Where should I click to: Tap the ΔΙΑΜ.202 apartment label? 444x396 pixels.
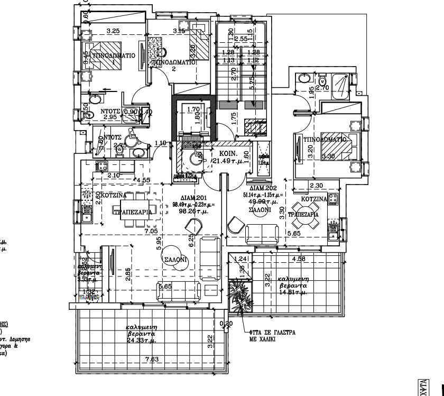click(263, 188)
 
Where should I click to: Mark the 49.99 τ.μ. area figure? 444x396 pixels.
click(260, 201)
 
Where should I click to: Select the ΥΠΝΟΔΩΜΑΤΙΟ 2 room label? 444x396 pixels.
click(174, 63)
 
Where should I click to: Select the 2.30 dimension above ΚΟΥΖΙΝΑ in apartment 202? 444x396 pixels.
click(316, 186)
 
